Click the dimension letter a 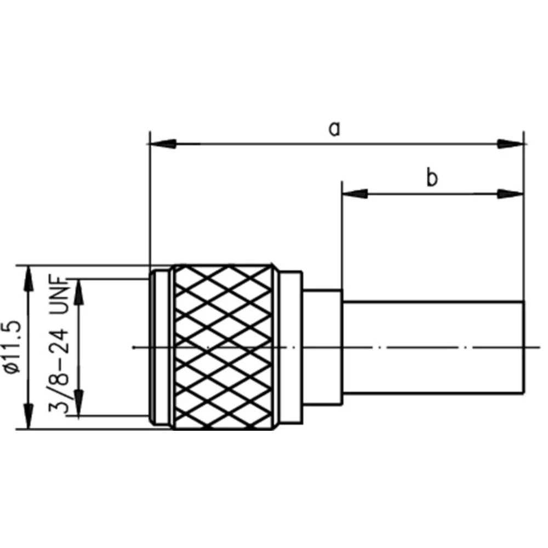[334, 128]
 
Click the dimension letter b [432, 178]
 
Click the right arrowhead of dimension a [511, 145]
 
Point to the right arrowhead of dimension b [511, 193]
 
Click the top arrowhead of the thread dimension [79, 290]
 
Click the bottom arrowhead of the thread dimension [79, 403]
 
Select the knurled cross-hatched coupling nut [222, 346]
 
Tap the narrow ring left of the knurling [160, 346]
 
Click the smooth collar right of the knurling [290, 346]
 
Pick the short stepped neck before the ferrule [323, 346]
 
